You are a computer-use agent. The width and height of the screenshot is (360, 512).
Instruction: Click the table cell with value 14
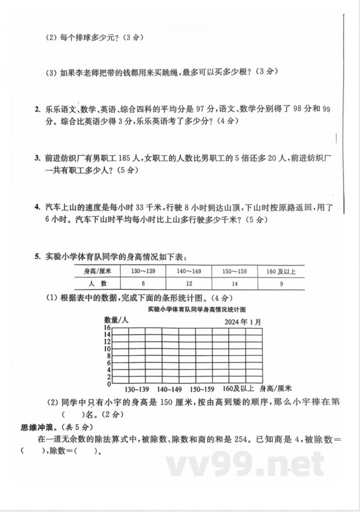pos(234,284)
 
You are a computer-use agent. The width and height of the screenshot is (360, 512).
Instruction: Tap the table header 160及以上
pos(281,272)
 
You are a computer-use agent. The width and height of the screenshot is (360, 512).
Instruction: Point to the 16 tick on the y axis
pos(108,328)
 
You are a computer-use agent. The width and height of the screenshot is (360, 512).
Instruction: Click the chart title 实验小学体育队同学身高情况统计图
pos(199,309)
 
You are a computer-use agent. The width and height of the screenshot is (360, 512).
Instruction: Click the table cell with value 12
pos(189,284)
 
